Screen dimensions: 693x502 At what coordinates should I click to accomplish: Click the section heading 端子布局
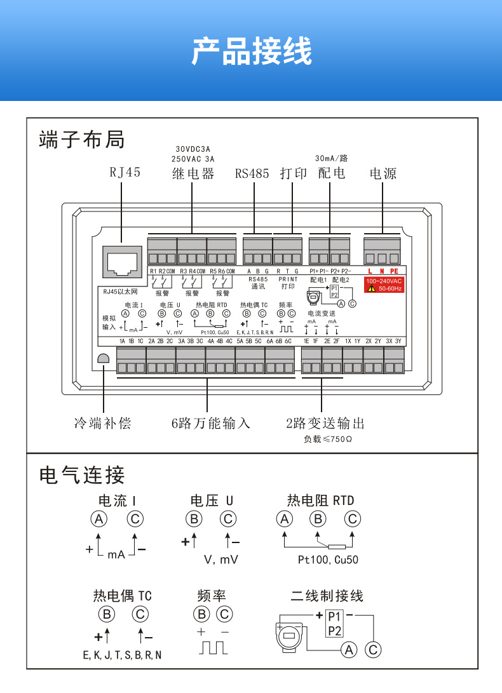pos(82,139)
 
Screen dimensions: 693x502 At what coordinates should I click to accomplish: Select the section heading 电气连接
pos(82,474)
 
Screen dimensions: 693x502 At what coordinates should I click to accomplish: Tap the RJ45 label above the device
pos(125,173)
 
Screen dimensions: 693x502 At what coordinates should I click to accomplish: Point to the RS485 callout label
pos(252,173)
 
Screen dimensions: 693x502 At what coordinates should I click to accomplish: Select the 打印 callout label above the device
pos(294,173)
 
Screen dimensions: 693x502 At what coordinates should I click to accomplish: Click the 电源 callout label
pos(383,173)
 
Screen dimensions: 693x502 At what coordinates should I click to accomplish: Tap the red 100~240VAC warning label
pos(384,285)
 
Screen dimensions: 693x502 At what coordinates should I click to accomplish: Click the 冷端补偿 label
pos(103,423)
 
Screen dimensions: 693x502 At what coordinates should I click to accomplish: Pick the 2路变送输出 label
pos(325,423)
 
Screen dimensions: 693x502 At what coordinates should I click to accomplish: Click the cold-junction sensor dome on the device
pos(104,359)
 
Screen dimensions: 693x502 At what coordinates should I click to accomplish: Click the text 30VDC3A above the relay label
pos(193,149)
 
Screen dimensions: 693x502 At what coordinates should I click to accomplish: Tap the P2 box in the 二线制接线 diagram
pos(335,631)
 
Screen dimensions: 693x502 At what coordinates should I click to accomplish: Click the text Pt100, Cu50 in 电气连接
pos(328,560)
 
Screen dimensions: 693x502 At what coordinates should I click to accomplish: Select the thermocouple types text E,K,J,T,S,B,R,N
pos(122,654)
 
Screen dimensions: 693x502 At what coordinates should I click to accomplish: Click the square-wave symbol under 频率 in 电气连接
pos(214,648)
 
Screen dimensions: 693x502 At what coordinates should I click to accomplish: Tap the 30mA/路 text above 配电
pos(332,158)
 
